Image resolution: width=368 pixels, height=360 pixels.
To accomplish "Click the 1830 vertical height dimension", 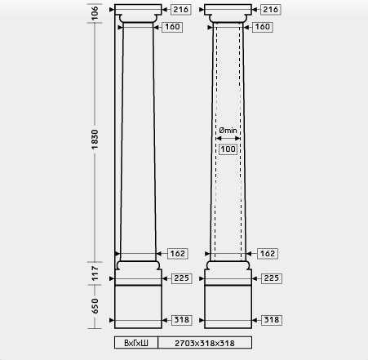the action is click(95, 140).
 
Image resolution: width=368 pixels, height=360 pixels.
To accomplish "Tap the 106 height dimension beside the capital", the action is click(95, 13).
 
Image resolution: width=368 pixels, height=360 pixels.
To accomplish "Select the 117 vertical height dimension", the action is click(95, 273).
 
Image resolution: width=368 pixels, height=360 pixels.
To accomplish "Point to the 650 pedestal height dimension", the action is click(95, 306).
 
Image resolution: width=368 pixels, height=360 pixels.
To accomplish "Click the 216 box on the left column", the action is click(181, 10).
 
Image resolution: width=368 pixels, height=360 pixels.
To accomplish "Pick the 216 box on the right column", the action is click(271, 10).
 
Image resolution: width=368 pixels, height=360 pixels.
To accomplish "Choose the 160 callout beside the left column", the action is click(172, 27).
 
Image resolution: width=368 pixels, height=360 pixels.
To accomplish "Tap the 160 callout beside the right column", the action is click(263, 27).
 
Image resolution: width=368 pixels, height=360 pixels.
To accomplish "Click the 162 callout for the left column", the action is click(178, 254).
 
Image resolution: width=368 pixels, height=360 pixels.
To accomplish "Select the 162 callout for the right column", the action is click(268, 254).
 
